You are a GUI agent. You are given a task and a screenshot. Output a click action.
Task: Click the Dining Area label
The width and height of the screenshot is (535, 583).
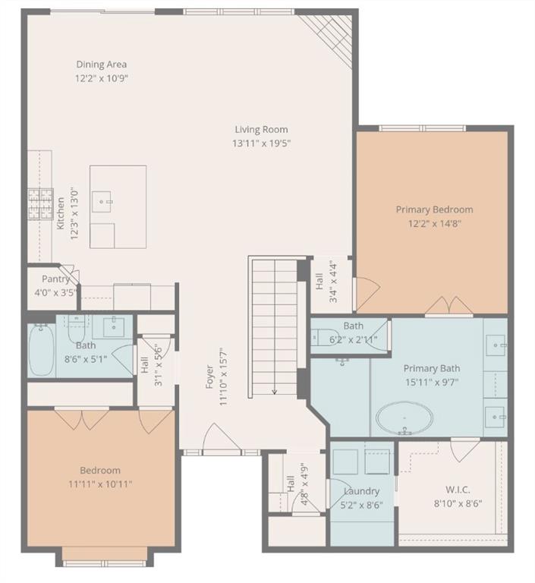pyautogui.click(x=102, y=65)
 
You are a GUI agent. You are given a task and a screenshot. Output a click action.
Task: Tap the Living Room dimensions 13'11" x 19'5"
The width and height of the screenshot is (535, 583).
pyautogui.click(x=261, y=143)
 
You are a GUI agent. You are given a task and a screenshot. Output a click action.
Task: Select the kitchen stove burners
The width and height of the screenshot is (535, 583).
pyautogui.click(x=40, y=203)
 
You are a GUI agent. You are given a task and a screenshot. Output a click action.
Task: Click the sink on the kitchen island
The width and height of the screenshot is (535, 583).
pyautogui.click(x=102, y=202)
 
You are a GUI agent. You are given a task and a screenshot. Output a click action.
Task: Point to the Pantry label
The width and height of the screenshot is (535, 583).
pyautogui.click(x=55, y=279)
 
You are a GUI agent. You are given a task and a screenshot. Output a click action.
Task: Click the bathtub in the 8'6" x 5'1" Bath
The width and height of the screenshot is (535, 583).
pyautogui.click(x=41, y=350)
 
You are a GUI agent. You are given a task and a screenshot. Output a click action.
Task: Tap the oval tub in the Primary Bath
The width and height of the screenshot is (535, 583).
pyautogui.click(x=404, y=418)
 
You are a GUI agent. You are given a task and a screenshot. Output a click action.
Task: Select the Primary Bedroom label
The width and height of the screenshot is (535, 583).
pyautogui.click(x=434, y=210)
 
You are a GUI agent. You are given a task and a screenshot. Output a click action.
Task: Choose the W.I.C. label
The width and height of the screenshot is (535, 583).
pyautogui.click(x=458, y=490)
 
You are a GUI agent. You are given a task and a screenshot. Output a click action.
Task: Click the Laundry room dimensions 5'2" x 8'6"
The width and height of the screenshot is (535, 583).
pyautogui.click(x=361, y=505)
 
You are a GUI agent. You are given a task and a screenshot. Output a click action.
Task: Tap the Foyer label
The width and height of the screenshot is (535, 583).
pyautogui.click(x=209, y=377)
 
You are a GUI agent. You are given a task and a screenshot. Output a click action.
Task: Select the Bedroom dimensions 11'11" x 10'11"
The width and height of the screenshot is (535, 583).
pyautogui.click(x=100, y=484)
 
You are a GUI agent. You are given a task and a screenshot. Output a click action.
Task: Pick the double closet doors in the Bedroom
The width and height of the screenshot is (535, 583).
pyautogui.click(x=82, y=419)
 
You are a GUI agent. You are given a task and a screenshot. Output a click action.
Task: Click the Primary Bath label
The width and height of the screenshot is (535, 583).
pyautogui.click(x=432, y=368)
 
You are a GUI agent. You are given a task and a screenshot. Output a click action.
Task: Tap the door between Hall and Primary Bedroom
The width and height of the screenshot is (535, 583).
pyautogui.click(x=367, y=291)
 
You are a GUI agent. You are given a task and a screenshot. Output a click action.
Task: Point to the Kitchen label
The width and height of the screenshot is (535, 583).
pyautogui.click(x=61, y=213)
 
